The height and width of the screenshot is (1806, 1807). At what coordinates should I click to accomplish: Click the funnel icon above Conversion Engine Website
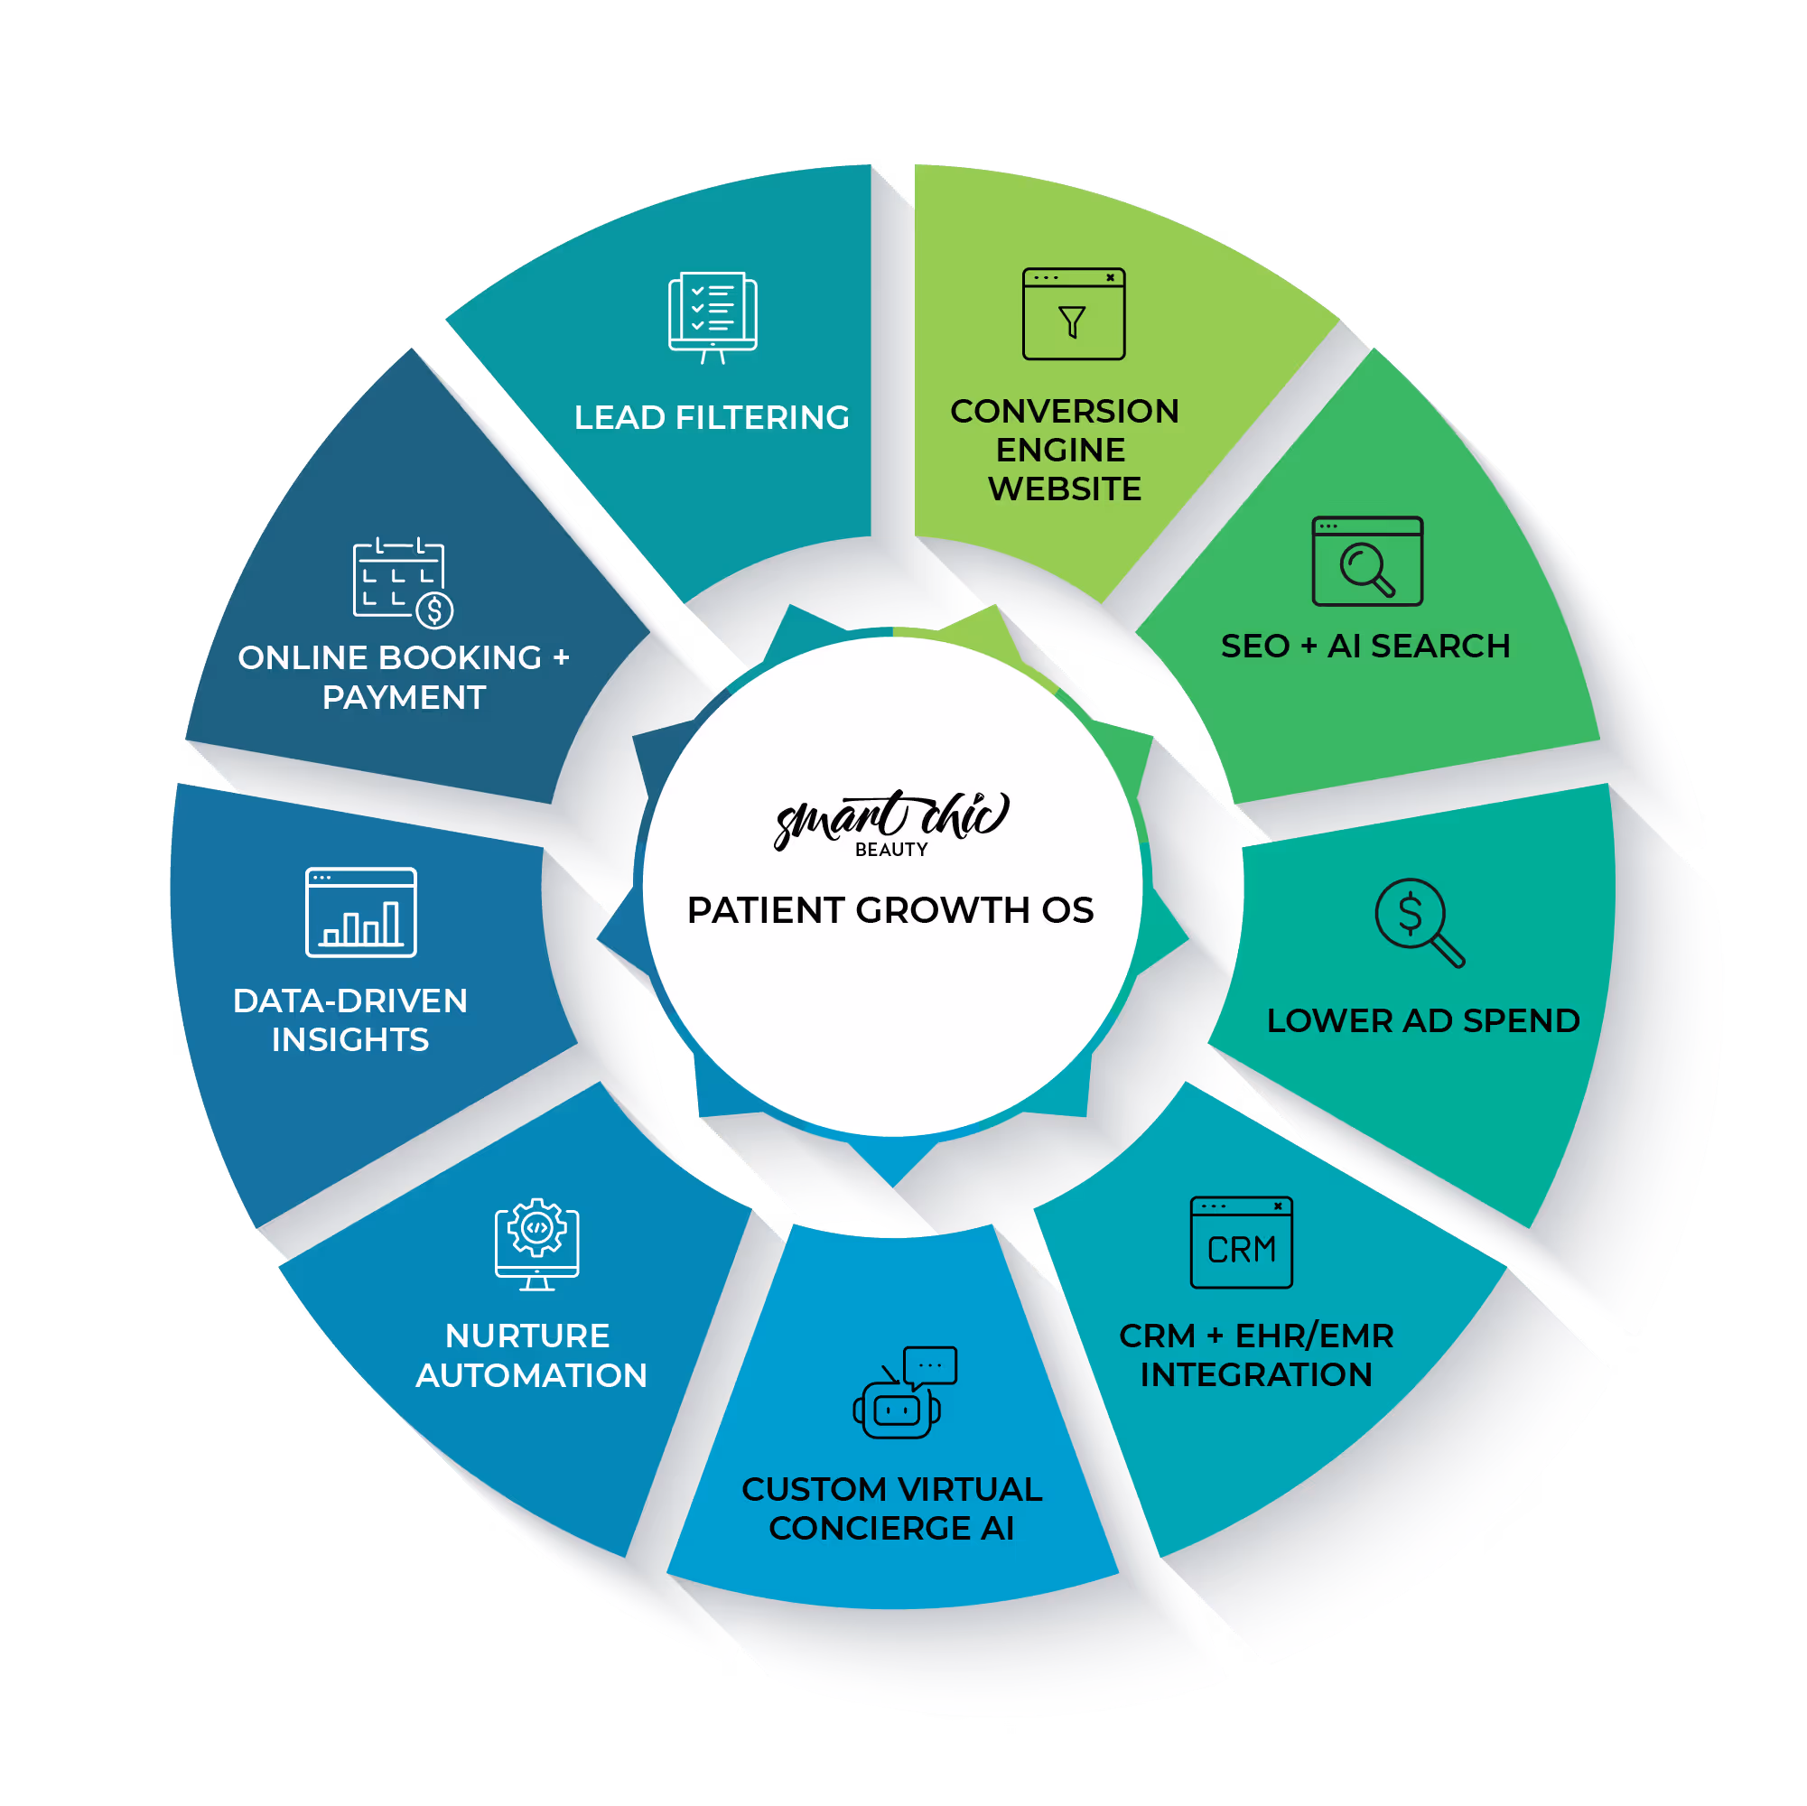coord(1073,314)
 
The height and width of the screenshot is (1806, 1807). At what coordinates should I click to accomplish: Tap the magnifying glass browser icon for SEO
coord(1366,561)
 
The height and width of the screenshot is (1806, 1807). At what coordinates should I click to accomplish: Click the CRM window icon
coord(1241,1242)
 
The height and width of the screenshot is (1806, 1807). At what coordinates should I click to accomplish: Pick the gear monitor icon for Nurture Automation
coord(536,1244)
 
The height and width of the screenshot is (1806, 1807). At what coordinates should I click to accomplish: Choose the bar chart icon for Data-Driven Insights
coord(361,912)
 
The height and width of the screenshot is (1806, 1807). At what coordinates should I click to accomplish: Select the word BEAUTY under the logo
coord(891,849)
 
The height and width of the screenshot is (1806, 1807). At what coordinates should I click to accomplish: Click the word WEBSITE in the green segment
coord(1065,489)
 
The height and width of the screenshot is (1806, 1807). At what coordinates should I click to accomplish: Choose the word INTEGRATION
coord(1255,1375)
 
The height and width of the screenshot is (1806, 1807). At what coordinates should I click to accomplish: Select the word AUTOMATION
coord(531,1376)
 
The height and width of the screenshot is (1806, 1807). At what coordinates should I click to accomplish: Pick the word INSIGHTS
coord(349,1040)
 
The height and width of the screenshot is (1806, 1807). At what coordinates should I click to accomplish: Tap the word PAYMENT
coord(404,698)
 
